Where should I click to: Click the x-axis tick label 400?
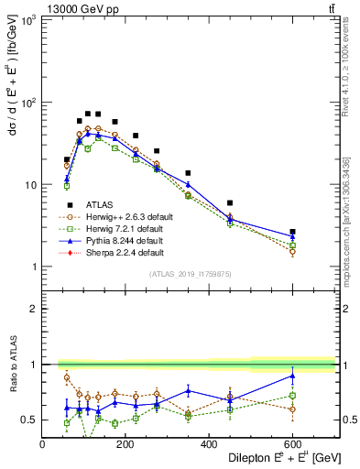tap(209, 444)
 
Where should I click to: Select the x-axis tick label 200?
tap(125, 444)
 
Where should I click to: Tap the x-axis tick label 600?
tap(292, 444)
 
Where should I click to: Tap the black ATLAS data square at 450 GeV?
tap(230, 202)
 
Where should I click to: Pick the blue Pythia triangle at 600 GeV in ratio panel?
tap(292, 376)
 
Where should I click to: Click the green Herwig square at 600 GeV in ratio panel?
tap(292, 396)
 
